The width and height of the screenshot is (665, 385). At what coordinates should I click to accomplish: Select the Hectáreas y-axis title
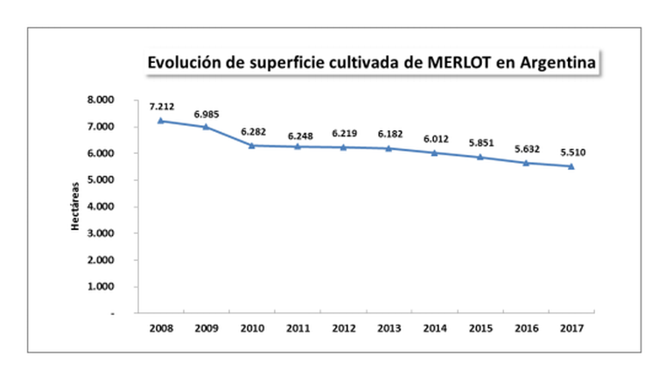click(x=76, y=206)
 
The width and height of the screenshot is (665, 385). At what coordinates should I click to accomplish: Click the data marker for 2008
click(x=161, y=121)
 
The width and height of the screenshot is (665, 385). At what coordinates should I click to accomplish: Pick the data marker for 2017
click(x=571, y=166)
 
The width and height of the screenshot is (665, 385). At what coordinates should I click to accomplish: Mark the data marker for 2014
click(x=435, y=152)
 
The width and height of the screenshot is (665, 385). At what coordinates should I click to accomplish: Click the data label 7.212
click(x=162, y=106)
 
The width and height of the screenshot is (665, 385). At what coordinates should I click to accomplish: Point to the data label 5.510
click(x=572, y=153)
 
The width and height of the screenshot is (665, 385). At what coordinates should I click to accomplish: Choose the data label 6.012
click(x=435, y=138)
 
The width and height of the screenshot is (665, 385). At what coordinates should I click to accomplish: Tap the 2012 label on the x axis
click(x=343, y=328)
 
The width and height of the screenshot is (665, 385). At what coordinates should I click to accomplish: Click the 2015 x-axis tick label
click(x=480, y=328)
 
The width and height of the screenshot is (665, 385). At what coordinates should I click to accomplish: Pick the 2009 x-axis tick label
click(x=206, y=328)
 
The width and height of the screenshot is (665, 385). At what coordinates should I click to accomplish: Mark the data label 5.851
click(x=480, y=143)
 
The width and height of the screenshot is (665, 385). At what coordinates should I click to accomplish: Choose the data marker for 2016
click(x=526, y=163)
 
